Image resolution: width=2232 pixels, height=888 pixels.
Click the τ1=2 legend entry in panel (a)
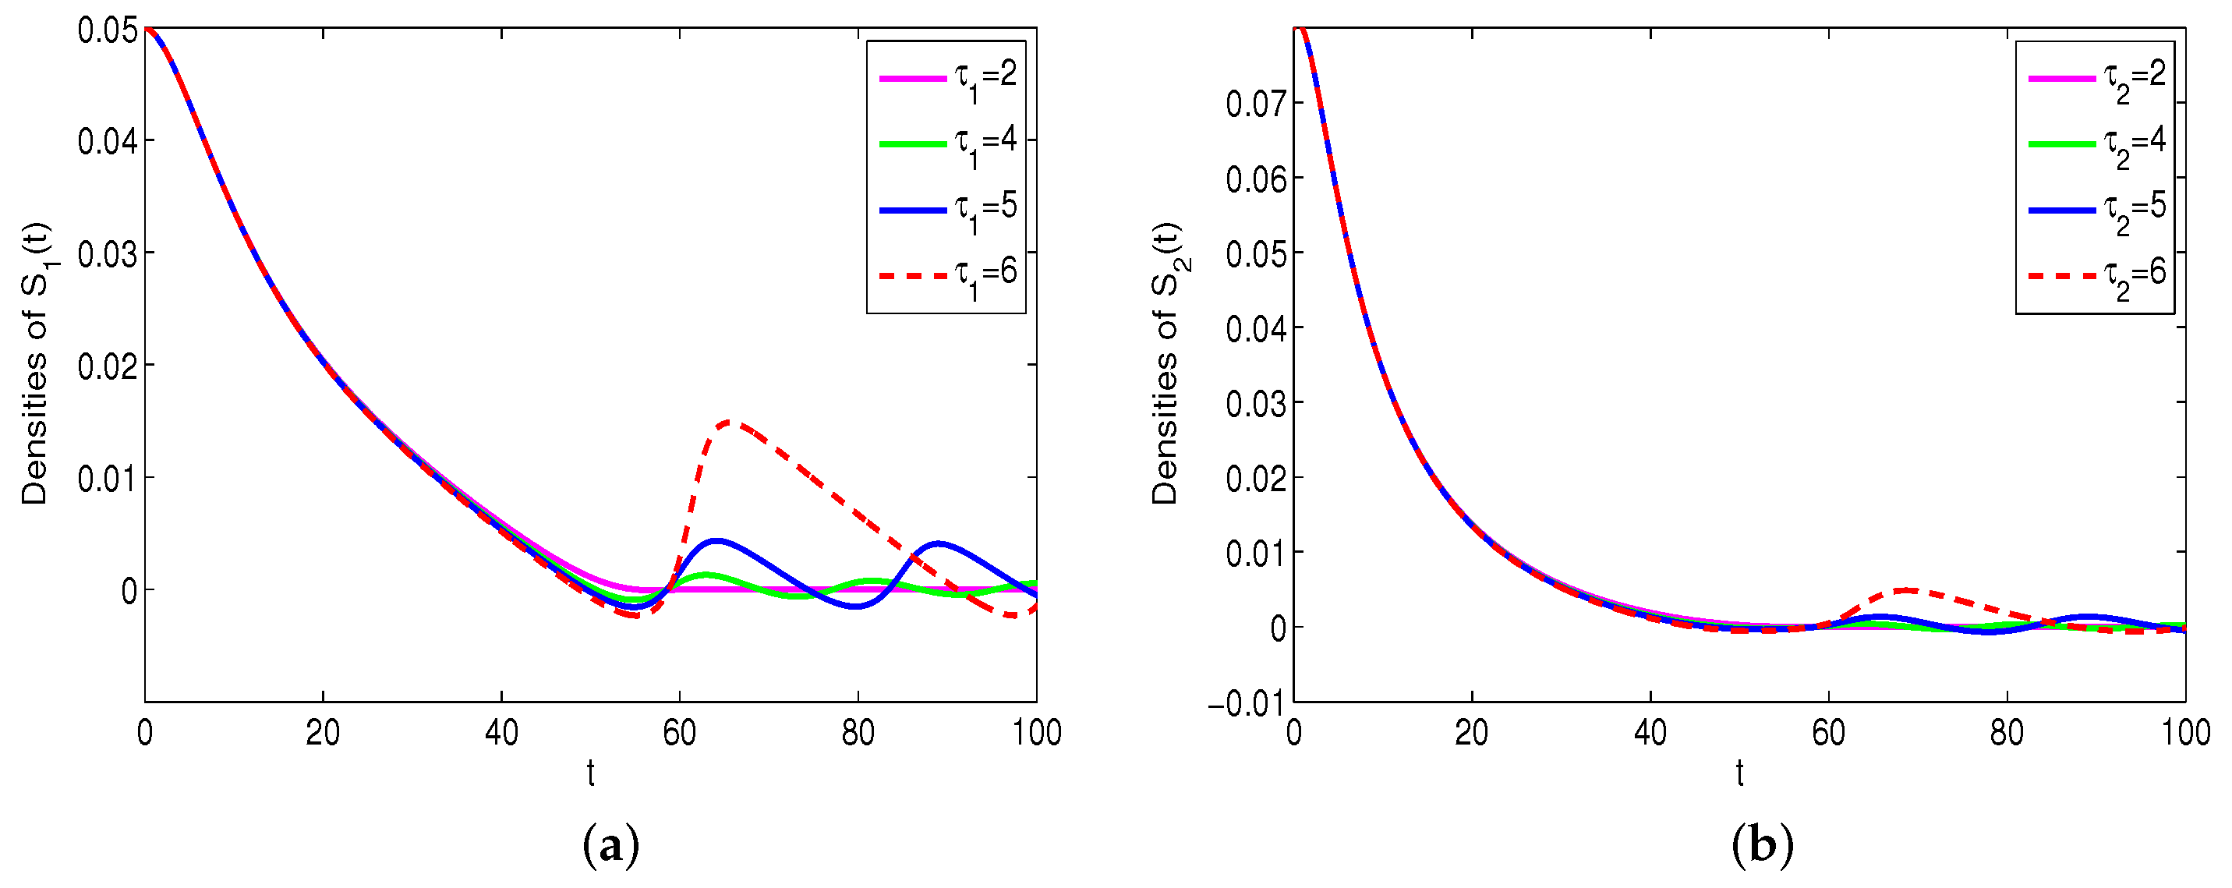[948, 77]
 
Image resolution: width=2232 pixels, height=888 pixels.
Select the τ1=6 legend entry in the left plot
[948, 274]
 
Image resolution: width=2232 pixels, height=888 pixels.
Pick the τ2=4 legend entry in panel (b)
[2097, 143]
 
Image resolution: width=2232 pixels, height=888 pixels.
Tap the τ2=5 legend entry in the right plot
[2097, 209]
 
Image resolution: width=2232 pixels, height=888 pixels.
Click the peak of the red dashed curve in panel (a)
[730, 422]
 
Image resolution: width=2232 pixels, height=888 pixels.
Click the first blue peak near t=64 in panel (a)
[716, 540]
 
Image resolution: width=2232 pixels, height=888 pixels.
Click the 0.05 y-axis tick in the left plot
[108, 30]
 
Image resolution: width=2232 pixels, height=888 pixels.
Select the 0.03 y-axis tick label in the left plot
[108, 255]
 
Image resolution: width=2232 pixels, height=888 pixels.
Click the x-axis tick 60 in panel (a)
[679, 734]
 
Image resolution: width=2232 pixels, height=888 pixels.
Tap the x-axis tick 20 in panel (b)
[1471, 734]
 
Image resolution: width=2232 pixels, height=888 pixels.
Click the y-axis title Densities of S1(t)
[37, 364]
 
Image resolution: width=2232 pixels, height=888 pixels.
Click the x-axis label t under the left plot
[590, 772]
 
